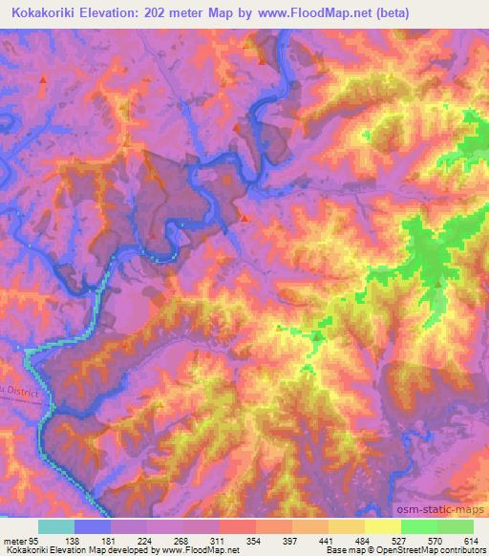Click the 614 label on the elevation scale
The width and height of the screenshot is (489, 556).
pyautogui.click(x=471, y=542)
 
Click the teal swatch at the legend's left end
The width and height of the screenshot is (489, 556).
pyautogui.click(x=55, y=526)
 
